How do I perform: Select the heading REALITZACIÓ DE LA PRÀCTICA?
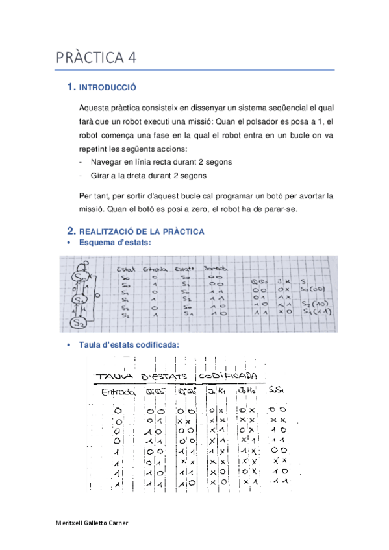(x=141, y=232)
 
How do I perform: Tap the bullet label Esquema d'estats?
(x=115, y=242)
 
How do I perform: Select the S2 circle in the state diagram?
(x=79, y=322)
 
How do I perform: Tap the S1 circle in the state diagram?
(x=80, y=300)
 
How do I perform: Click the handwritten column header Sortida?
(x=216, y=269)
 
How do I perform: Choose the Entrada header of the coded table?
(x=118, y=392)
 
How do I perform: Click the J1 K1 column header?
(x=216, y=391)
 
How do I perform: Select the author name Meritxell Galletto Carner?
(x=92, y=523)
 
